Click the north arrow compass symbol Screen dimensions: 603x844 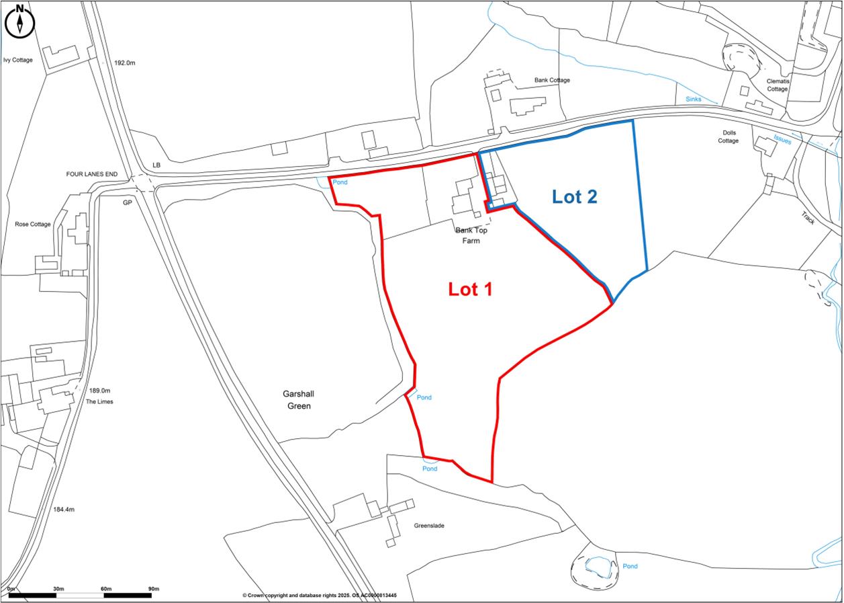(x=20, y=21)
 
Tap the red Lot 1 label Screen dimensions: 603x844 (x=470, y=289)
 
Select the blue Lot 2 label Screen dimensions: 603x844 (x=574, y=196)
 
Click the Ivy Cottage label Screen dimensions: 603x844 (x=17, y=60)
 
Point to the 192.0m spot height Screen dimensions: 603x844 (x=125, y=63)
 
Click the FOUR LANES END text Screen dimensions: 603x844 (x=91, y=174)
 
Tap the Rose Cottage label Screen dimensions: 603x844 (x=33, y=224)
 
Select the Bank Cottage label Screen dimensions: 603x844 (x=552, y=80)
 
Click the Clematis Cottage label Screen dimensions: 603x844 (x=778, y=85)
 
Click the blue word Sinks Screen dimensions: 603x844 (x=694, y=99)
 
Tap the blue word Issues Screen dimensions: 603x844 (x=782, y=140)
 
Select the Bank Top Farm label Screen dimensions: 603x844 (x=471, y=235)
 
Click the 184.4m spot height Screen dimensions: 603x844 (x=64, y=510)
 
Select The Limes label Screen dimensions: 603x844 (x=99, y=401)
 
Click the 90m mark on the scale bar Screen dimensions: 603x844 (x=153, y=589)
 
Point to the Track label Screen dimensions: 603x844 (x=807, y=218)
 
